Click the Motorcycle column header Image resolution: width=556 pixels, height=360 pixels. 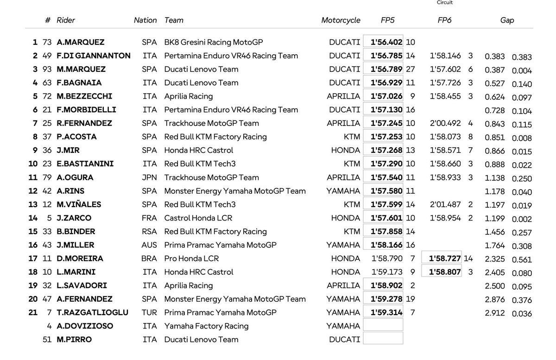click(x=341, y=20)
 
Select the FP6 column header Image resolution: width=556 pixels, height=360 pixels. click(x=444, y=20)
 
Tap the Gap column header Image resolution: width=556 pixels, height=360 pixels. click(x=507, y=20)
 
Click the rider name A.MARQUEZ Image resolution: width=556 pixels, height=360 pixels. click(x=81, y=42)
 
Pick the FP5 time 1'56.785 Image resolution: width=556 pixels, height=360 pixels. click(x=386, y=56)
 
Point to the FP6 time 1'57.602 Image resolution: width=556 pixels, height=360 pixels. click(x=445, y=69)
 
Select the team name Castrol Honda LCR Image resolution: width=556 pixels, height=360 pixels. click(x=198, y=218)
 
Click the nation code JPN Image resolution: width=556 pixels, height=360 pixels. click(x=149, y=177)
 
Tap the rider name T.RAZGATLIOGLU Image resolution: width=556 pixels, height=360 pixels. click(x=93, y=313)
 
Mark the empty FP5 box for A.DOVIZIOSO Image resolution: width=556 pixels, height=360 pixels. click(x=383, y=325)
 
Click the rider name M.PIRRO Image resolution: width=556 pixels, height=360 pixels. click(x=74, y=340)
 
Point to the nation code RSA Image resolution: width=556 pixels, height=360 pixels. click(x=149, y=232)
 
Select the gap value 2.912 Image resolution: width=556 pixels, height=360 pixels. click(x=495, y=313)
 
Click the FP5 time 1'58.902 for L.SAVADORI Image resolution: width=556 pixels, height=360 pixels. click(x=386, y=285)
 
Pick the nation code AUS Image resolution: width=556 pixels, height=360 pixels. click(x=149, y=245)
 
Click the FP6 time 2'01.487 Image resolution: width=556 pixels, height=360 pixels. click(x=445, y=204)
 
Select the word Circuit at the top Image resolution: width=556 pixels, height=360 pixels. click(x=445, y=3)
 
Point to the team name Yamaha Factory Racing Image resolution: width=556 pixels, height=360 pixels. click(x=206, y=326)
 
